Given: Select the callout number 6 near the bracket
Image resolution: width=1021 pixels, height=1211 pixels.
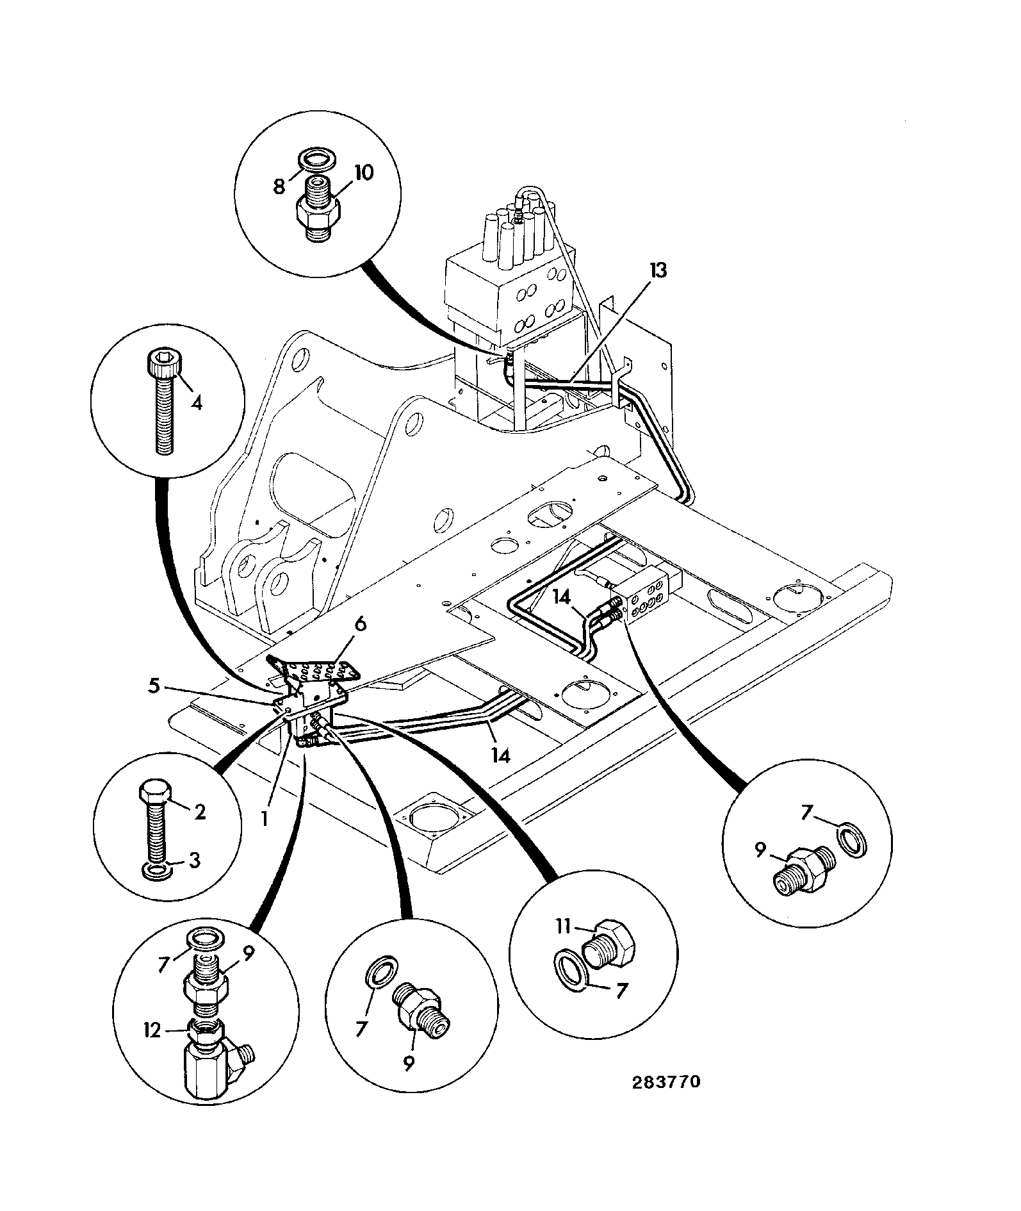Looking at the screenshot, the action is (361, 623).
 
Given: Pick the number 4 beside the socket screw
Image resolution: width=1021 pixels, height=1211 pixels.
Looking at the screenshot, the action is (197, 404).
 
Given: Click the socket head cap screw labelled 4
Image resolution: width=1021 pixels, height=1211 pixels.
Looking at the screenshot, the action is (163, 403).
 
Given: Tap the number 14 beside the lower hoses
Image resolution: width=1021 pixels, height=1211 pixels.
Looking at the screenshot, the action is (501, 756).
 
